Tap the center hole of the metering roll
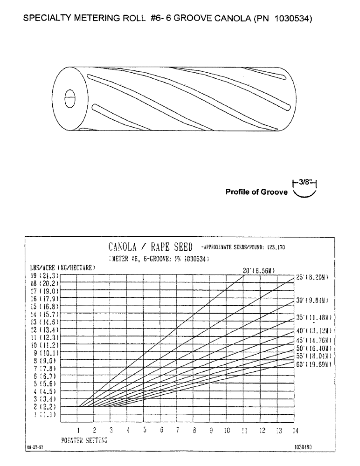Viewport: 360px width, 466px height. click(69, 99)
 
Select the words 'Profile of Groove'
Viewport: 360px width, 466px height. click(256, 192)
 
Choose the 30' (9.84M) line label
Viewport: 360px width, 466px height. click(313, 300)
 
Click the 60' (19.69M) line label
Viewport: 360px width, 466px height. click(313, 363)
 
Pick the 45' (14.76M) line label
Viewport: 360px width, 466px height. click(313, 340)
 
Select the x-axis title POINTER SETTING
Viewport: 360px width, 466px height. click(84, 440)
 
